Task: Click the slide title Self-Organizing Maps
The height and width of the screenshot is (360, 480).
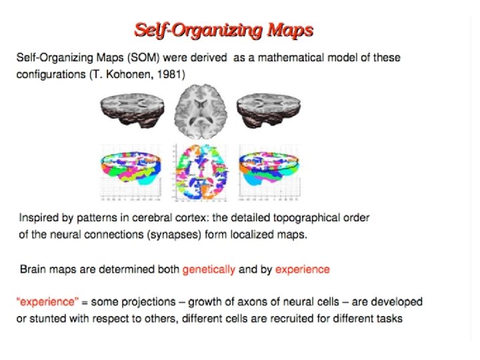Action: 223,30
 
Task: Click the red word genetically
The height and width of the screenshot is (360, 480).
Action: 209,269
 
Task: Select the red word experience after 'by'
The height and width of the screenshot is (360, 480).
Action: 302,269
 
